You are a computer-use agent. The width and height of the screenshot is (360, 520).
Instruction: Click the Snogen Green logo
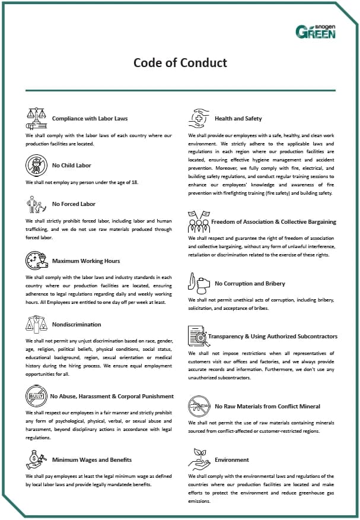click(x=316, y=31)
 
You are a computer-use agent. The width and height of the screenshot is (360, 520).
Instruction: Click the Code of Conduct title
click(x=180, y=63)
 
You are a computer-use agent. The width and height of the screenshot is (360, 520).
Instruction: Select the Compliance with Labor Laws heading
click(x=90, y=119)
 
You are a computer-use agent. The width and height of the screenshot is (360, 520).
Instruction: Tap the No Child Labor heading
click(x=72, y=166)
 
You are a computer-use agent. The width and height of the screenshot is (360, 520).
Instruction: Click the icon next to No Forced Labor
click(x=36, y=205)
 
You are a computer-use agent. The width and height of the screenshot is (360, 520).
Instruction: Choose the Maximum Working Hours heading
click(x=86, y=261)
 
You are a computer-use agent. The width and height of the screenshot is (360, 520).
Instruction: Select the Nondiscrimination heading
click(x=77, y=325)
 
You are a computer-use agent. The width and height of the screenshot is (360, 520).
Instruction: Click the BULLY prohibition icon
click(x=36, y=395)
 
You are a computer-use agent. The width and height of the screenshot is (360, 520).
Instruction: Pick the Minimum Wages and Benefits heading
click(x=92, y=460)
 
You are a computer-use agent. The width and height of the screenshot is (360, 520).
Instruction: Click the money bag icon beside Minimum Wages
click(x=36, y=459)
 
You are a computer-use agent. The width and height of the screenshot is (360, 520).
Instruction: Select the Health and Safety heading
click(x=238, y=119)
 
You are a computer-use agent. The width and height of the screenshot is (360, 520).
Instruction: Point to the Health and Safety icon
click(x=199, y=118)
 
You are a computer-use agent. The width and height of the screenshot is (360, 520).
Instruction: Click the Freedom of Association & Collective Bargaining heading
click(x=273, y=222)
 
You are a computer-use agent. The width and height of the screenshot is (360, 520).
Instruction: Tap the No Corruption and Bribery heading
click(x=250, y=284)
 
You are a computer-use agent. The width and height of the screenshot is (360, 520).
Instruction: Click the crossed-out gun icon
click(x=198, y=406)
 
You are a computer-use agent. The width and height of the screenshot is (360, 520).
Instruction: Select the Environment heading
click(x=232, y=460)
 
